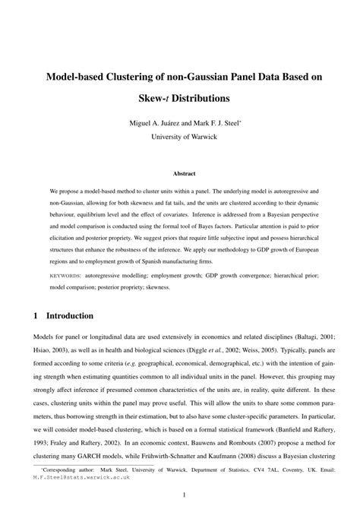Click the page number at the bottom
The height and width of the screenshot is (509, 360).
(180, 495)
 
